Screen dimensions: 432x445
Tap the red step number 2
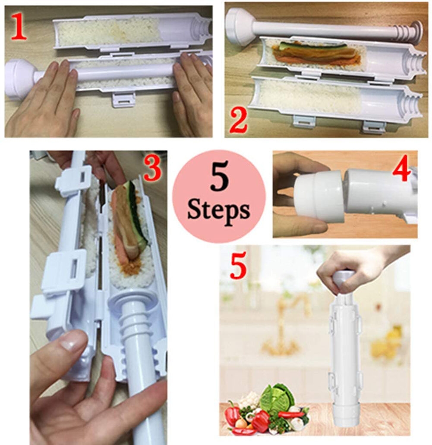click(239, 121)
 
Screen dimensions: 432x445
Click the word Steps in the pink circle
click(219, 211)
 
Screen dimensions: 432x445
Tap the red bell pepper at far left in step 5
click(232, 414)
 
